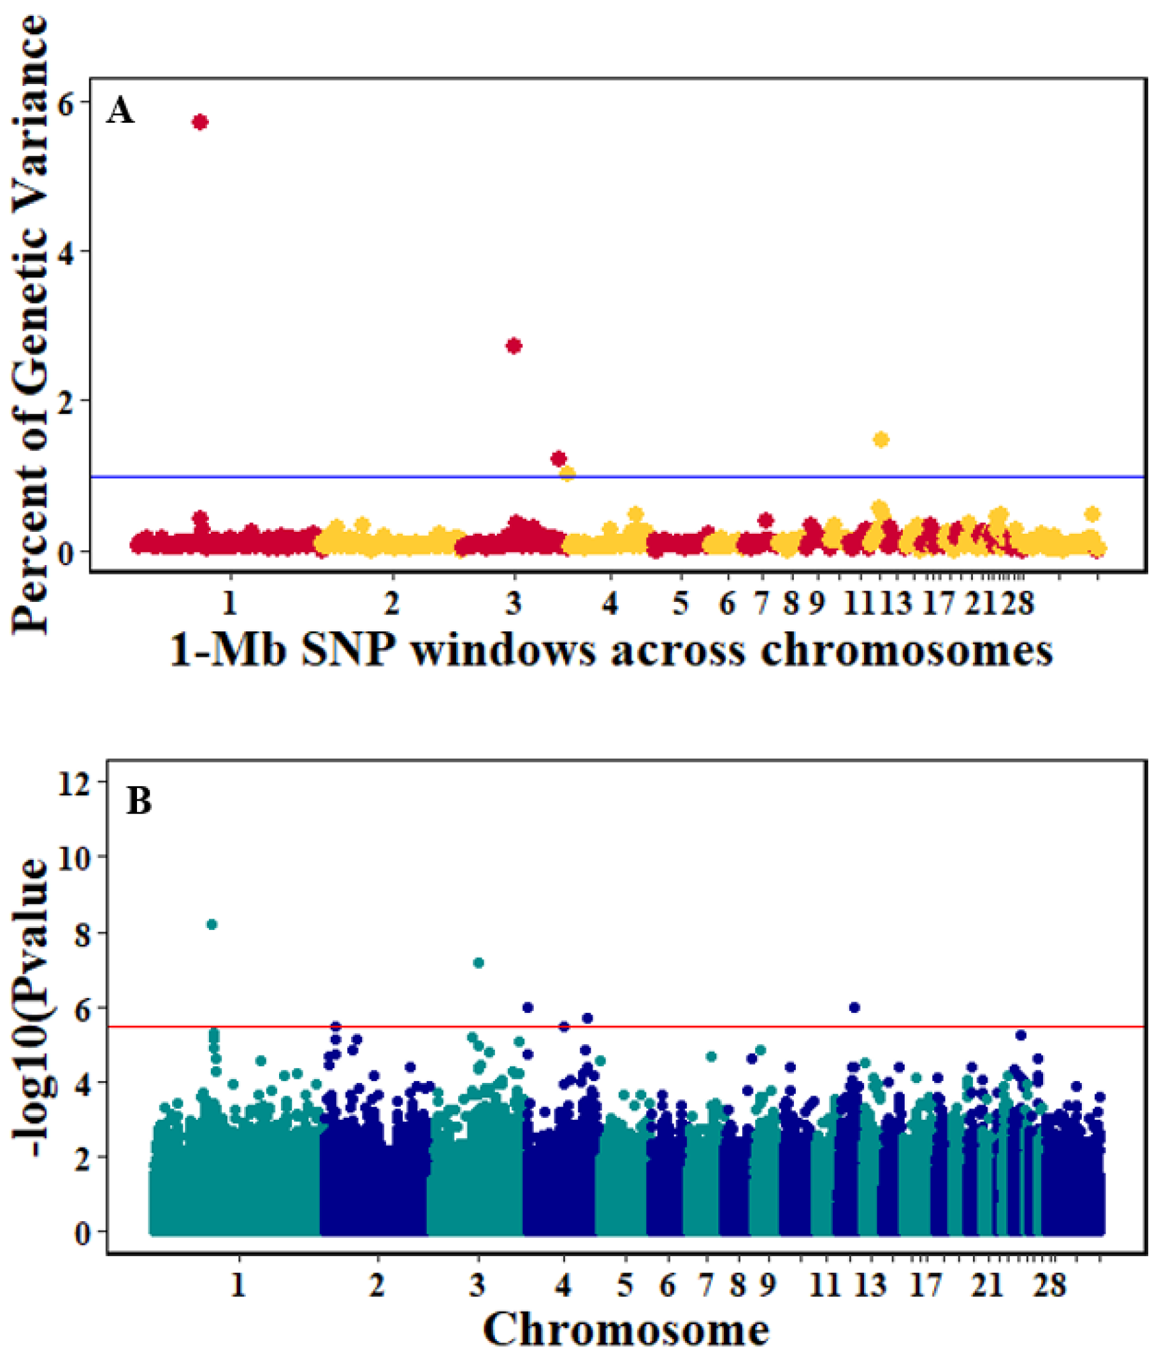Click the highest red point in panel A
pos(200,122)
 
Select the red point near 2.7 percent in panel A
pos(514,346)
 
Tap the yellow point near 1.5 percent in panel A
pos(881,440)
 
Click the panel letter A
pos(120,111)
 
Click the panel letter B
pos(138,801)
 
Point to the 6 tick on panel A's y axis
pos(69,103)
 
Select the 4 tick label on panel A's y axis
pos(69,252)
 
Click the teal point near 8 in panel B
pos(212,924)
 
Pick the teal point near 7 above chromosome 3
pos(479,963)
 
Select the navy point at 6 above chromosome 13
pos(854,1008)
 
